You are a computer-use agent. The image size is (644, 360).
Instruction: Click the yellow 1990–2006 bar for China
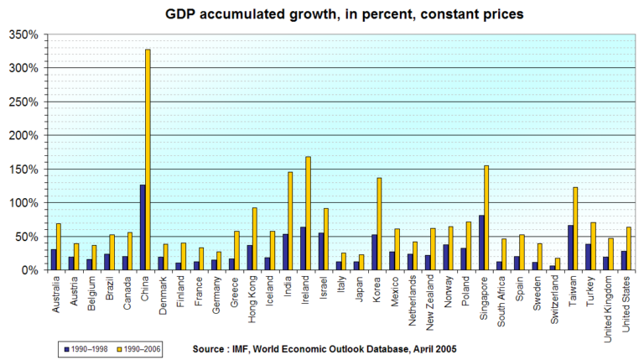coord(148,159)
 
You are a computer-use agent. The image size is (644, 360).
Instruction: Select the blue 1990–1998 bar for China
coord(143,227)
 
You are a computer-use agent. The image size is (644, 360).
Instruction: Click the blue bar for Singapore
coord(481,243)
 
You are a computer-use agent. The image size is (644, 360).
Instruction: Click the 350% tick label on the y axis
coord(23,34)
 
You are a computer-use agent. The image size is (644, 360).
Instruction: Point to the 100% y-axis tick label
coord(23,203)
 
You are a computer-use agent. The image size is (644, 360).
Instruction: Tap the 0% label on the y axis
coord(29,270)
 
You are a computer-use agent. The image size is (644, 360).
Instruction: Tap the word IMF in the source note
coord(244,347)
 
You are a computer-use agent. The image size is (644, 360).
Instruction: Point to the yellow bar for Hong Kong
coord(255,238)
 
